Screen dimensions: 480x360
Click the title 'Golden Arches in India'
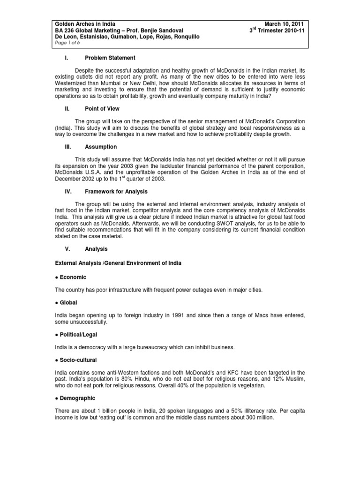[x=85, y=24]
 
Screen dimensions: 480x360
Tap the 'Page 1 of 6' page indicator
[x=68, y=43]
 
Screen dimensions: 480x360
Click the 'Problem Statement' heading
[x=110, y=58]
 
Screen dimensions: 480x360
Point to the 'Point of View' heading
[x=102, y=109]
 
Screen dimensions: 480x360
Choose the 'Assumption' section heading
[x=101, y=147]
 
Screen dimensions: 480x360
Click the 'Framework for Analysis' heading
[x=116, y=191]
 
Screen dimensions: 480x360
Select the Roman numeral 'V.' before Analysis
[x=67, y=249]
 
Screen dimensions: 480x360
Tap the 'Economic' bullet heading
[x=73, y=277]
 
